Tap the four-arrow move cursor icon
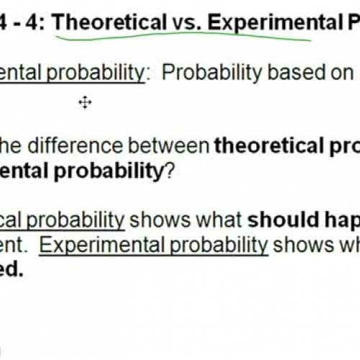[85, 103]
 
